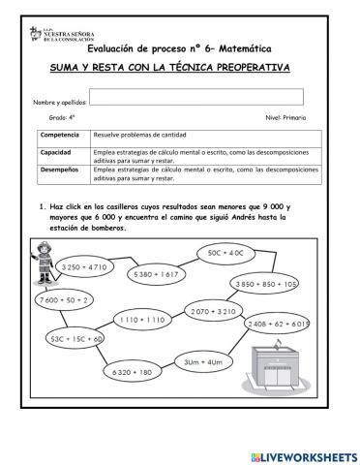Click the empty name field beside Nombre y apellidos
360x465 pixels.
point(196,97)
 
